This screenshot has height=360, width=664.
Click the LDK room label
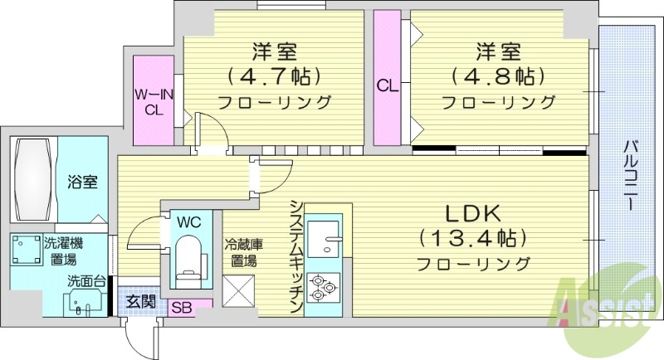[474, 212]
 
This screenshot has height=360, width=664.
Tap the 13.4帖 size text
[474, 239]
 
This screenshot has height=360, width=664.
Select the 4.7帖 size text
[275, 76]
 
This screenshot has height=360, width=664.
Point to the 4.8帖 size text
[498, 76]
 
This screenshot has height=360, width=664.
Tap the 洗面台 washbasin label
[86, 282]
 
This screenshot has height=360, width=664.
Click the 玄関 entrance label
[140, 301]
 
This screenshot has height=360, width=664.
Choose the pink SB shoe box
[182, 307]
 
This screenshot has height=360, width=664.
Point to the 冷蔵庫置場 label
[243, 253]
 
